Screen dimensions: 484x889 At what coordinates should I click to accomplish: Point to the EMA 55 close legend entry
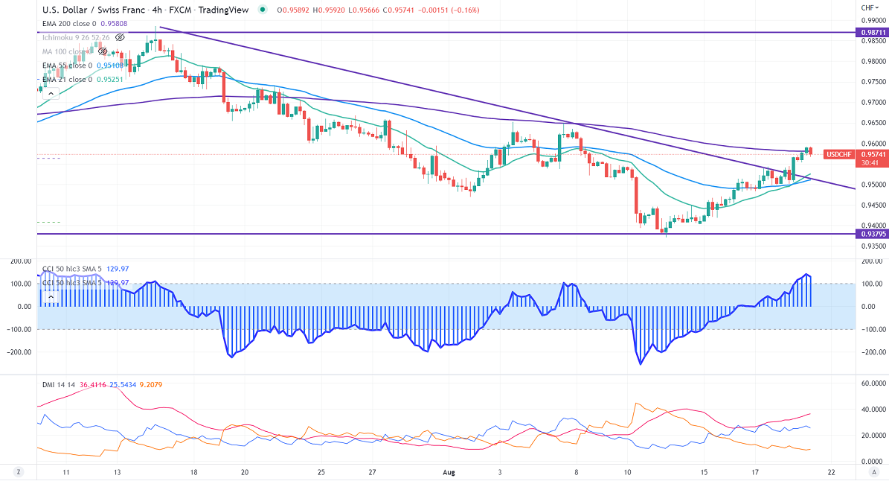point(67,66)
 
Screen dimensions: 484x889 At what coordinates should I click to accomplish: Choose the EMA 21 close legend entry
point(67,79)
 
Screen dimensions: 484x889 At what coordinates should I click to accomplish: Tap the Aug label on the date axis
point(448,472)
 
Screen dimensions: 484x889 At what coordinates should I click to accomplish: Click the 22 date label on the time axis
point(831,472)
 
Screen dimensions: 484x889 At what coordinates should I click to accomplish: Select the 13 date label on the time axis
point(118,472)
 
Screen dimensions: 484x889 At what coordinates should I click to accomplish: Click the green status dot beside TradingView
point(263,10)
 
